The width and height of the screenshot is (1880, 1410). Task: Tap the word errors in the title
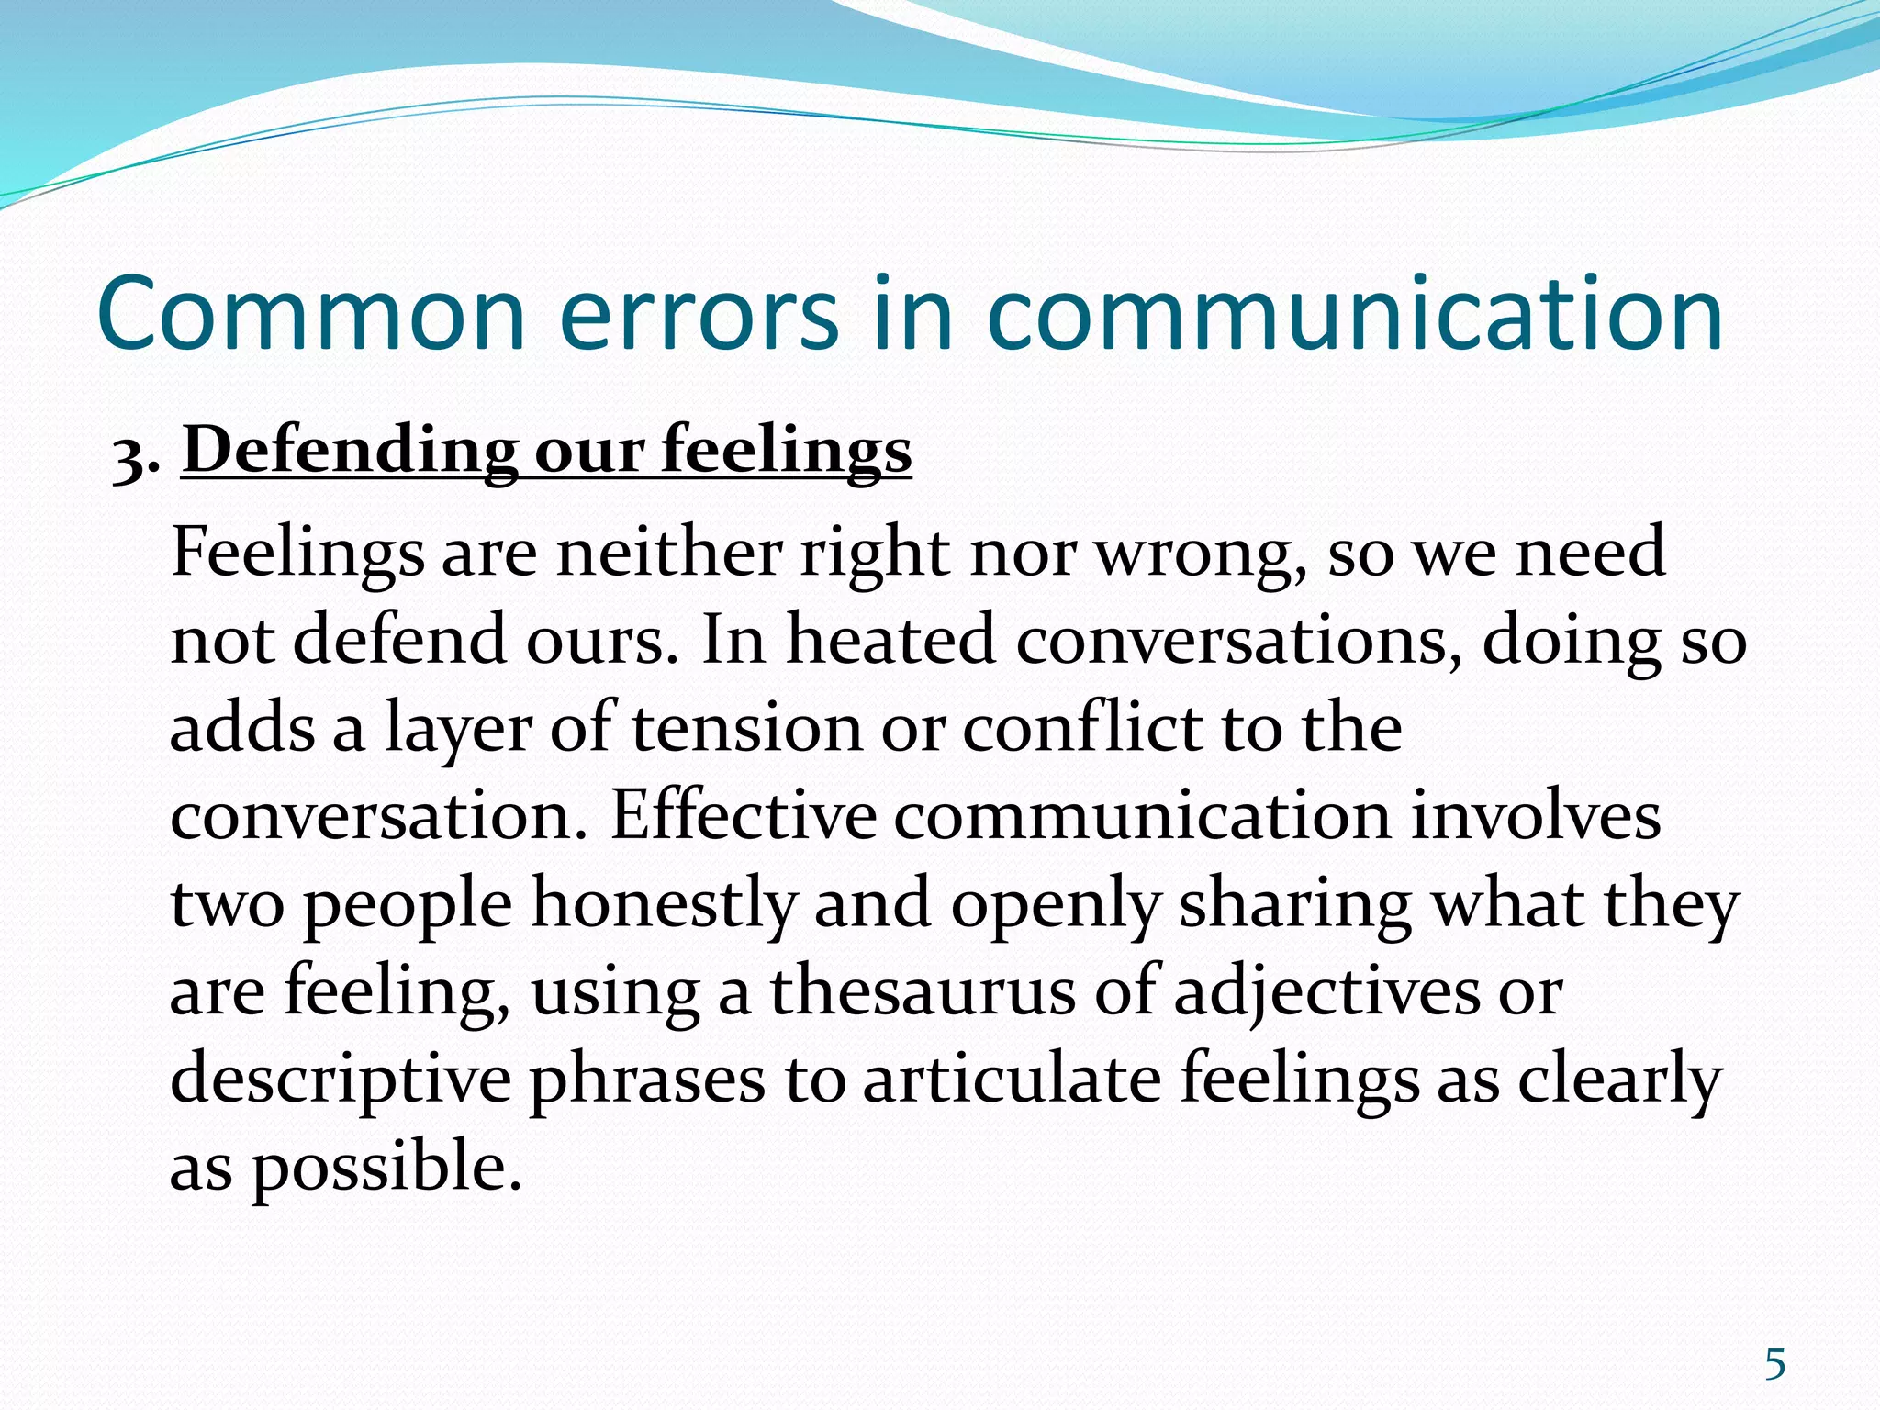[698, 315]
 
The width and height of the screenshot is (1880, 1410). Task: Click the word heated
[890, 640]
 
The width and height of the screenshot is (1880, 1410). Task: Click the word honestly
[663, 903]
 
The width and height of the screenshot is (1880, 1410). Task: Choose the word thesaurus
[922, 991]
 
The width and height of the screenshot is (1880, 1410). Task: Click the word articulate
[1012, 1079]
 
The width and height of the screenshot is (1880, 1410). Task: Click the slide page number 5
[1774, 1365]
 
